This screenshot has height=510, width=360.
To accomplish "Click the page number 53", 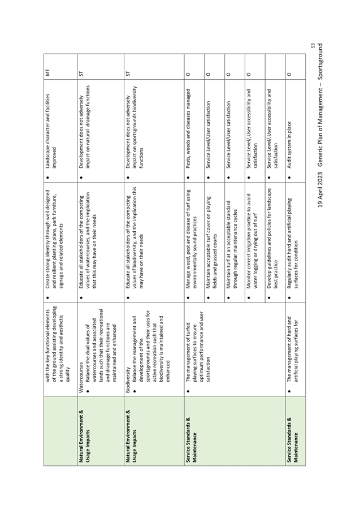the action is [x=313, y=46].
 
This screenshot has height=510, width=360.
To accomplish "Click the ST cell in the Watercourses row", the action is [x=81, y=72].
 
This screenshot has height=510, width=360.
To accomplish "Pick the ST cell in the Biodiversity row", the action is [x=128, y=72].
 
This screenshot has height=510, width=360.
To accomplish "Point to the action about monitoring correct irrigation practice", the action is [x=251, y=241].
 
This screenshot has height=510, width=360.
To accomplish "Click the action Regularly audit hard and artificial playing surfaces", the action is [x=292, y=243].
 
